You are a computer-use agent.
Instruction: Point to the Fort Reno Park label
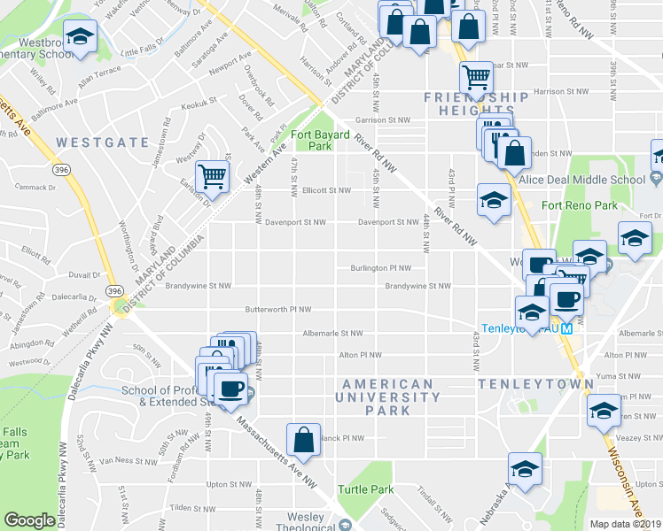pos(580,205)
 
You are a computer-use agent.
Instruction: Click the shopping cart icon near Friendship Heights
pos(476,77)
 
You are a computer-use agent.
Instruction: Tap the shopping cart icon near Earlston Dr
pos(213,175)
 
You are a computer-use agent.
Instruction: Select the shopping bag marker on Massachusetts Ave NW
pos(303,439)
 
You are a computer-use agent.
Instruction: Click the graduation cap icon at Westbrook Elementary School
pos(81,37)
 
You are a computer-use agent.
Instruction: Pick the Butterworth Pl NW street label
pos(279,310)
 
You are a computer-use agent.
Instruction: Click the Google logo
pos(29,520)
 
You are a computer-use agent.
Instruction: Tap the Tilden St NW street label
pos(187,507)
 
